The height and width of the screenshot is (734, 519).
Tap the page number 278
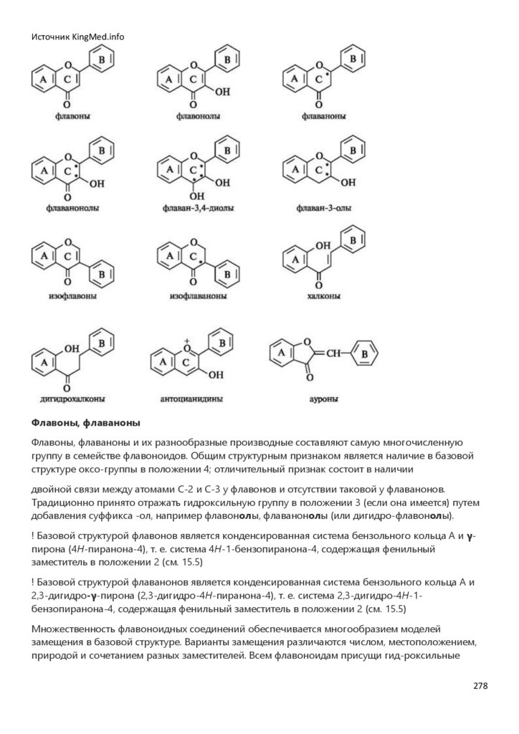480,685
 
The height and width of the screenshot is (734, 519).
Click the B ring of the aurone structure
364,354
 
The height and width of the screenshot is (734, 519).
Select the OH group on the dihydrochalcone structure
71,349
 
